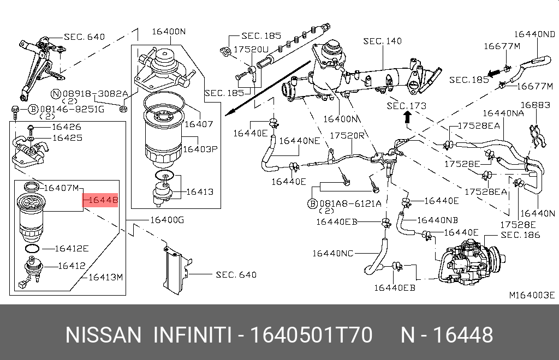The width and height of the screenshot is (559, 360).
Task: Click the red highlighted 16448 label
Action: click(x=102, y=201)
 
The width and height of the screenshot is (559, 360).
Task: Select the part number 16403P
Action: click(x=199, y=148)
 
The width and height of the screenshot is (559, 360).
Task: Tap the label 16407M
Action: click(x=61, y=188)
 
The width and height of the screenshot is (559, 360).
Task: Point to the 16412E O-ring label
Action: click(x=72, y=249)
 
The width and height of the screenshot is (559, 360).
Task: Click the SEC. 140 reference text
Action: click(x=382, y=41)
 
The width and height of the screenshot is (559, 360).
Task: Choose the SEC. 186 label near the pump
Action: click(x=520, y=235)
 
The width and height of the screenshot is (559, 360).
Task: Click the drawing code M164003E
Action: click(x=532, y=295)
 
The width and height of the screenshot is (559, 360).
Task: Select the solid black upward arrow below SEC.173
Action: click(x=406, y=117)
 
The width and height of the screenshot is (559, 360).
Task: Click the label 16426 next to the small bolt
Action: click(x=67, y=127)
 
